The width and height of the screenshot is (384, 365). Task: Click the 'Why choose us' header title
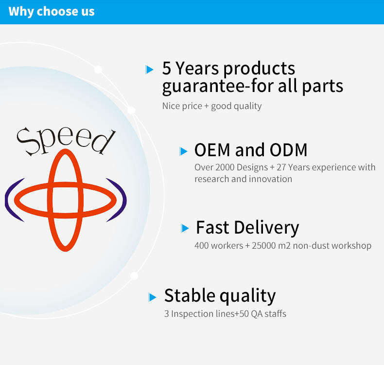(52, 12)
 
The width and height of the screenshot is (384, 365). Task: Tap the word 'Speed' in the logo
(66, 141)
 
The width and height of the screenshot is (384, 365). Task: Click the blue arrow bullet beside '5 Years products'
(149, 70)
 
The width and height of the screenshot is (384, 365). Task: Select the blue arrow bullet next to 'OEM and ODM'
(183, 151)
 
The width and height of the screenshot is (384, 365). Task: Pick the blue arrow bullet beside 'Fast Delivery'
(185, 228)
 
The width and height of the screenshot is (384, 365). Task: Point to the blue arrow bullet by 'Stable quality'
(152, 297)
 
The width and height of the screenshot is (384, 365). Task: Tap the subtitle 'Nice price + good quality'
(212, 106)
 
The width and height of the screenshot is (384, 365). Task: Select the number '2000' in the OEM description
(225, 167)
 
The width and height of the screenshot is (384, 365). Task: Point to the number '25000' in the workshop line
(264, 246)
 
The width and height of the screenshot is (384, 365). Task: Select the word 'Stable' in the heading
(190, 295)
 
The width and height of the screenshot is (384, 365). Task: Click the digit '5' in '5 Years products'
(167, 68)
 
